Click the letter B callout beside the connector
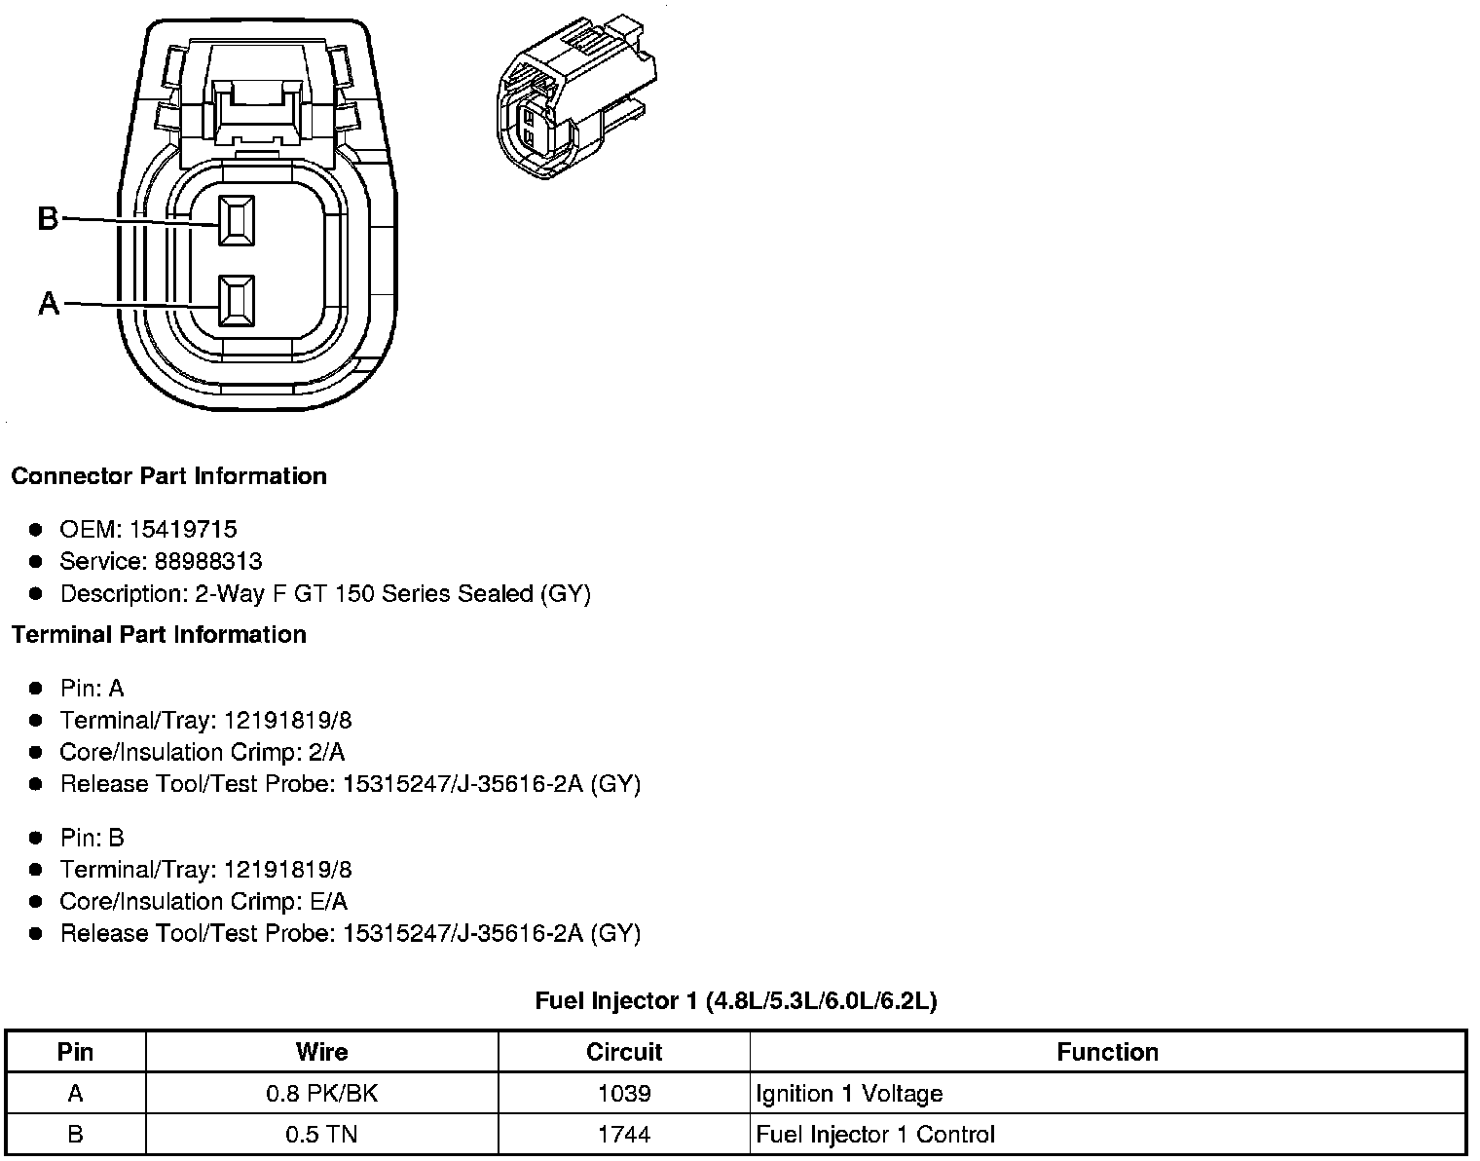(x=48, y=218)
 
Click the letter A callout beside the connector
(x=49, y=303)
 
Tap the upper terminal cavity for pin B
(x=237, y=220)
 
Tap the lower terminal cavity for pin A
(x=237, y=300)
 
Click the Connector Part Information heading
(x=168, y=475)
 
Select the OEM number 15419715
(x=183, y=529)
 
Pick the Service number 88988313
(x=208, y=561)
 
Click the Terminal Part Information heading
(x=159, y=634)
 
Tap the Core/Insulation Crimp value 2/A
(x=326, y=752)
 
